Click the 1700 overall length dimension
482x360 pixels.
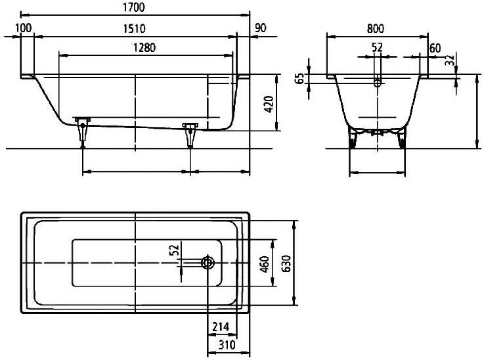[x=133, y=7]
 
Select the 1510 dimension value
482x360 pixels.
[x=134, y=29]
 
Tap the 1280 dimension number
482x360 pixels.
[x=144, y=48]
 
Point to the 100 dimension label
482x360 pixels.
[x=24, y=28]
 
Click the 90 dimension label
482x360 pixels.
[x=260, y=28]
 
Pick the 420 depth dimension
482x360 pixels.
[x=269, y=104]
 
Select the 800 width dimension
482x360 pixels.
[x=376, y=29]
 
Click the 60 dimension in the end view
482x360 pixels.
[x=435, y=48]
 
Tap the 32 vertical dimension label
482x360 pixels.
[x=449, y=60]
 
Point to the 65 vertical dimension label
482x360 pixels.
[x=299, y=78]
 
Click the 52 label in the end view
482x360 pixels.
[x=377, y=48]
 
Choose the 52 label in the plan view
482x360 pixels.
[x=174, y=250]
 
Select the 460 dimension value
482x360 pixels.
[x=265, y=264]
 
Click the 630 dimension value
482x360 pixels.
[x=286, y=263]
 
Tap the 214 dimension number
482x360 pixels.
[x=221, y=326]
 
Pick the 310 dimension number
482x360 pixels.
[x=227, y=345]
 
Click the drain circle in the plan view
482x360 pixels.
[x=208, y=263]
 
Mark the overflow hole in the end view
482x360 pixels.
[x=378, y=82]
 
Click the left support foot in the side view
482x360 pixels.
[x=83, y=133]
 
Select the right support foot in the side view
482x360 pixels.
[x=190, y=135]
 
